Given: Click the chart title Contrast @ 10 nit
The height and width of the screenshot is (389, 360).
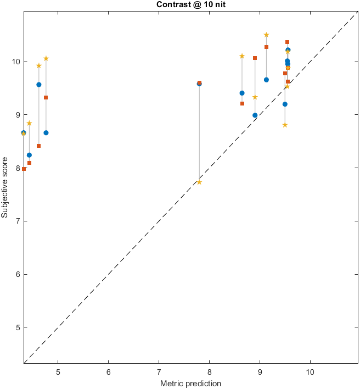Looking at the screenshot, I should (190, 4).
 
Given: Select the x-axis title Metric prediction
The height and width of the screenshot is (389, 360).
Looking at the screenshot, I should (190, 384).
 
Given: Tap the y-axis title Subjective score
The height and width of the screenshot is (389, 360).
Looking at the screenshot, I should (5, 188).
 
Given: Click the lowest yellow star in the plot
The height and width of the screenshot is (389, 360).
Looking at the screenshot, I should (199, 182).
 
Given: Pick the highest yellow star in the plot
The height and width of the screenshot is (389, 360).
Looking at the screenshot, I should (267, 35).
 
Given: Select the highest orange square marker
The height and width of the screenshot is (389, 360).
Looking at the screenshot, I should (288, 42).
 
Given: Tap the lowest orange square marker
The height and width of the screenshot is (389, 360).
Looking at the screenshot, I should (24, 169).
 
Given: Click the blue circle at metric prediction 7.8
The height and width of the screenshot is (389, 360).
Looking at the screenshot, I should (199, 84).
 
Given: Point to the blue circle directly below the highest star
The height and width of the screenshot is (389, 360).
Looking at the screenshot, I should (267, 80).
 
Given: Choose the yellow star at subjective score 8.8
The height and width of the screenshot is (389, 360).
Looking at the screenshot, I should (285, 125).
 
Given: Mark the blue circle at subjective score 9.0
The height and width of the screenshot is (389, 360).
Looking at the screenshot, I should (255, 115).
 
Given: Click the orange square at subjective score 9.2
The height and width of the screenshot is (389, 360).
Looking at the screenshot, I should (242, 103).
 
